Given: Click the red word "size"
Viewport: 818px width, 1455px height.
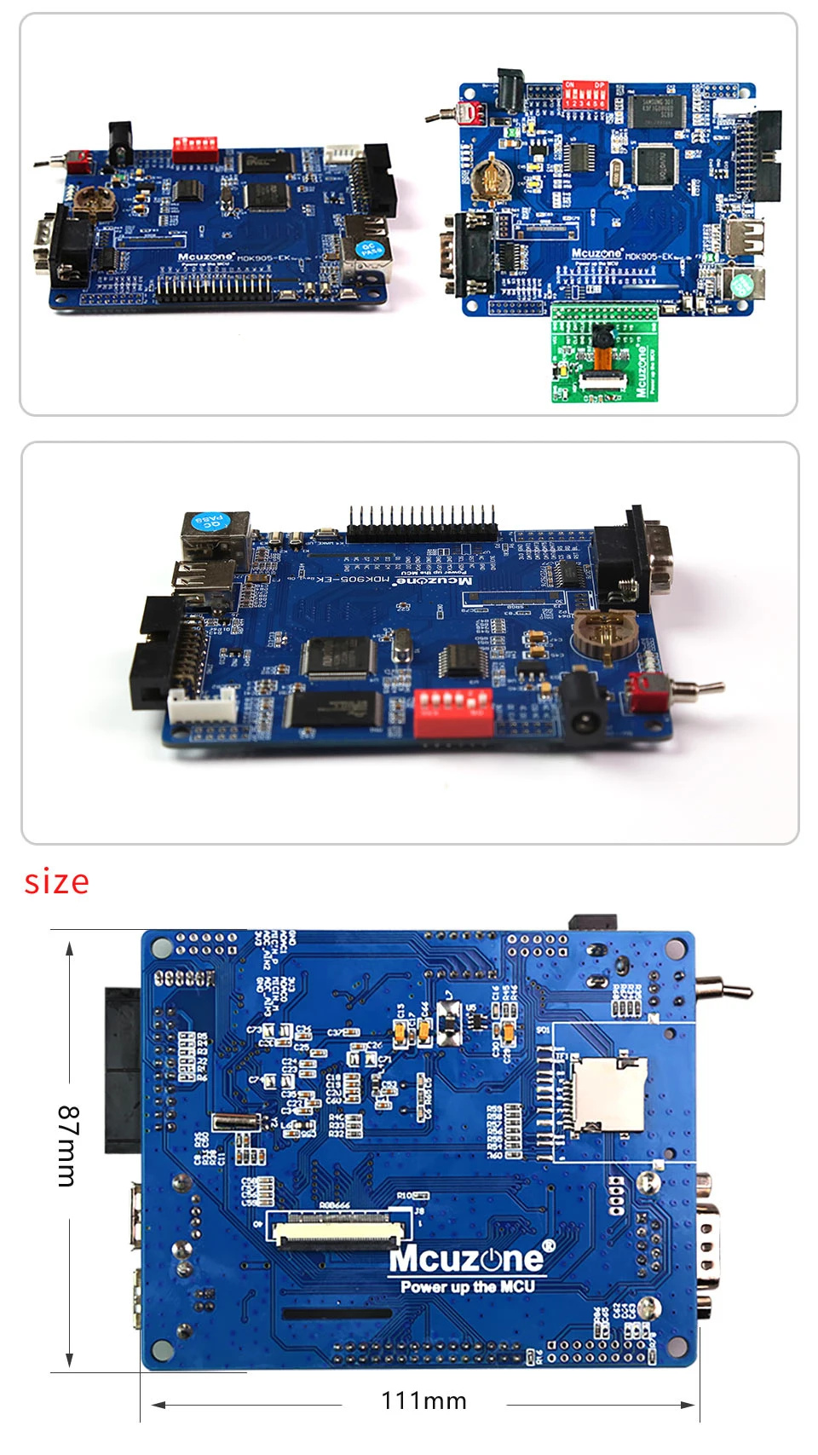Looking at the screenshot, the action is click(56, 881).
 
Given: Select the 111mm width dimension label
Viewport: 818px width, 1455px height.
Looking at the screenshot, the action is click(423, 1400).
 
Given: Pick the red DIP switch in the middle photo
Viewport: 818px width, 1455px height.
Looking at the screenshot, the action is click(452, 711).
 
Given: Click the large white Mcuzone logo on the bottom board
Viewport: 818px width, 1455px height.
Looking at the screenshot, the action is click(466, 1259).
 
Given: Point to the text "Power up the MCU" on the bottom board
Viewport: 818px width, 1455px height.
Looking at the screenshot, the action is click(468, 1286).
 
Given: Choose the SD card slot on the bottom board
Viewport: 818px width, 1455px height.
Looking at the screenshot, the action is click(608, 1094).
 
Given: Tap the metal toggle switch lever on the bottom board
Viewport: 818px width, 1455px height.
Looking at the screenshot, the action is click(724, 990).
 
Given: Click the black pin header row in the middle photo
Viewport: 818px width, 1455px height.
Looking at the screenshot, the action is click(422, 527).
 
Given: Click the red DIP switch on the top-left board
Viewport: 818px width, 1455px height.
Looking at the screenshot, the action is click(194, 148).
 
